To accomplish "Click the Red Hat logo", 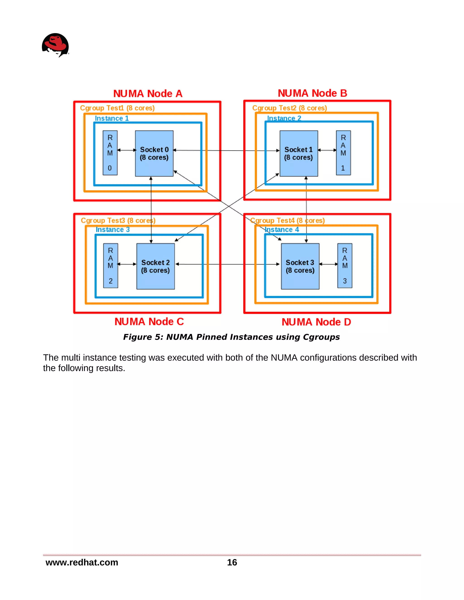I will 55,45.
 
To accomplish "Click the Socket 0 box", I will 154,153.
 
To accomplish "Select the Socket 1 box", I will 299,153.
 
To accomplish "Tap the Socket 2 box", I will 156,266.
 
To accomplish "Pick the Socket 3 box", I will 300,266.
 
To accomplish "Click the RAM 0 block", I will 110,153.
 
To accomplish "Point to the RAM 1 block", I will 343,153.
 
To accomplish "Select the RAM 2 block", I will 111,266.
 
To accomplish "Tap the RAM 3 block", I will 345,266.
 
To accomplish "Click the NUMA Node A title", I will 148,94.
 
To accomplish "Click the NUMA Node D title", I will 316,322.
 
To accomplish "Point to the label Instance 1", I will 112,118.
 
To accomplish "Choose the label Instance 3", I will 112,229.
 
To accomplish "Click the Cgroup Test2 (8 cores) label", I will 290,108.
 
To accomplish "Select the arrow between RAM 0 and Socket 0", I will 127,150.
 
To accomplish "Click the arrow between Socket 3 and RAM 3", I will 329,264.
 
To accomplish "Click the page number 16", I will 232,562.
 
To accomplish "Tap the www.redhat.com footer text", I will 82,562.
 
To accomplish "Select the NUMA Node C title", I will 149,322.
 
